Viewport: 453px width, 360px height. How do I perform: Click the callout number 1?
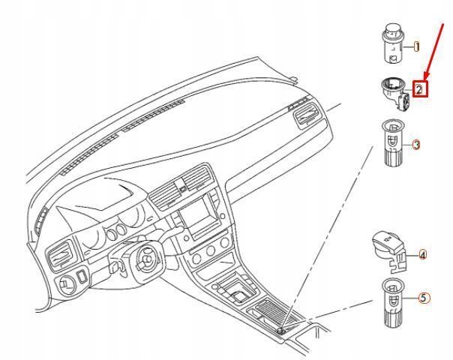417,46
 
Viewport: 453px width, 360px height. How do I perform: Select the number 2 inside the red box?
419,89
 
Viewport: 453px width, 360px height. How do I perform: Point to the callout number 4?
422,255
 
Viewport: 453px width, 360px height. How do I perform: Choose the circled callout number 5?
424,298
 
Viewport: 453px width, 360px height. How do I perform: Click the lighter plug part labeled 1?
391,46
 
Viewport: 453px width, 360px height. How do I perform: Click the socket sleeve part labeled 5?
392,301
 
